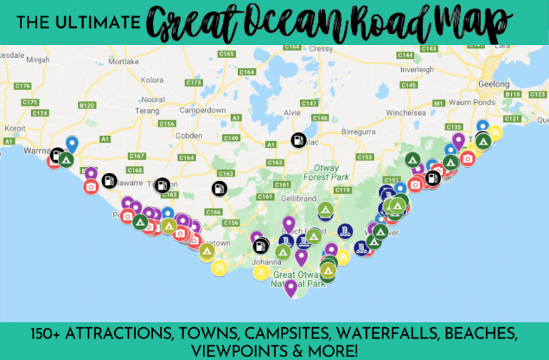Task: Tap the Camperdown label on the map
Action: pyautogui.click(x=202, y=111)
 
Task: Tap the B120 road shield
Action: pyautogui.click(x=87, y=105)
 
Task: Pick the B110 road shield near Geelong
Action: pyautogui.click(x=513, y=94)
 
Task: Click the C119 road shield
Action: pyautogui.click(x=342, y=190)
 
